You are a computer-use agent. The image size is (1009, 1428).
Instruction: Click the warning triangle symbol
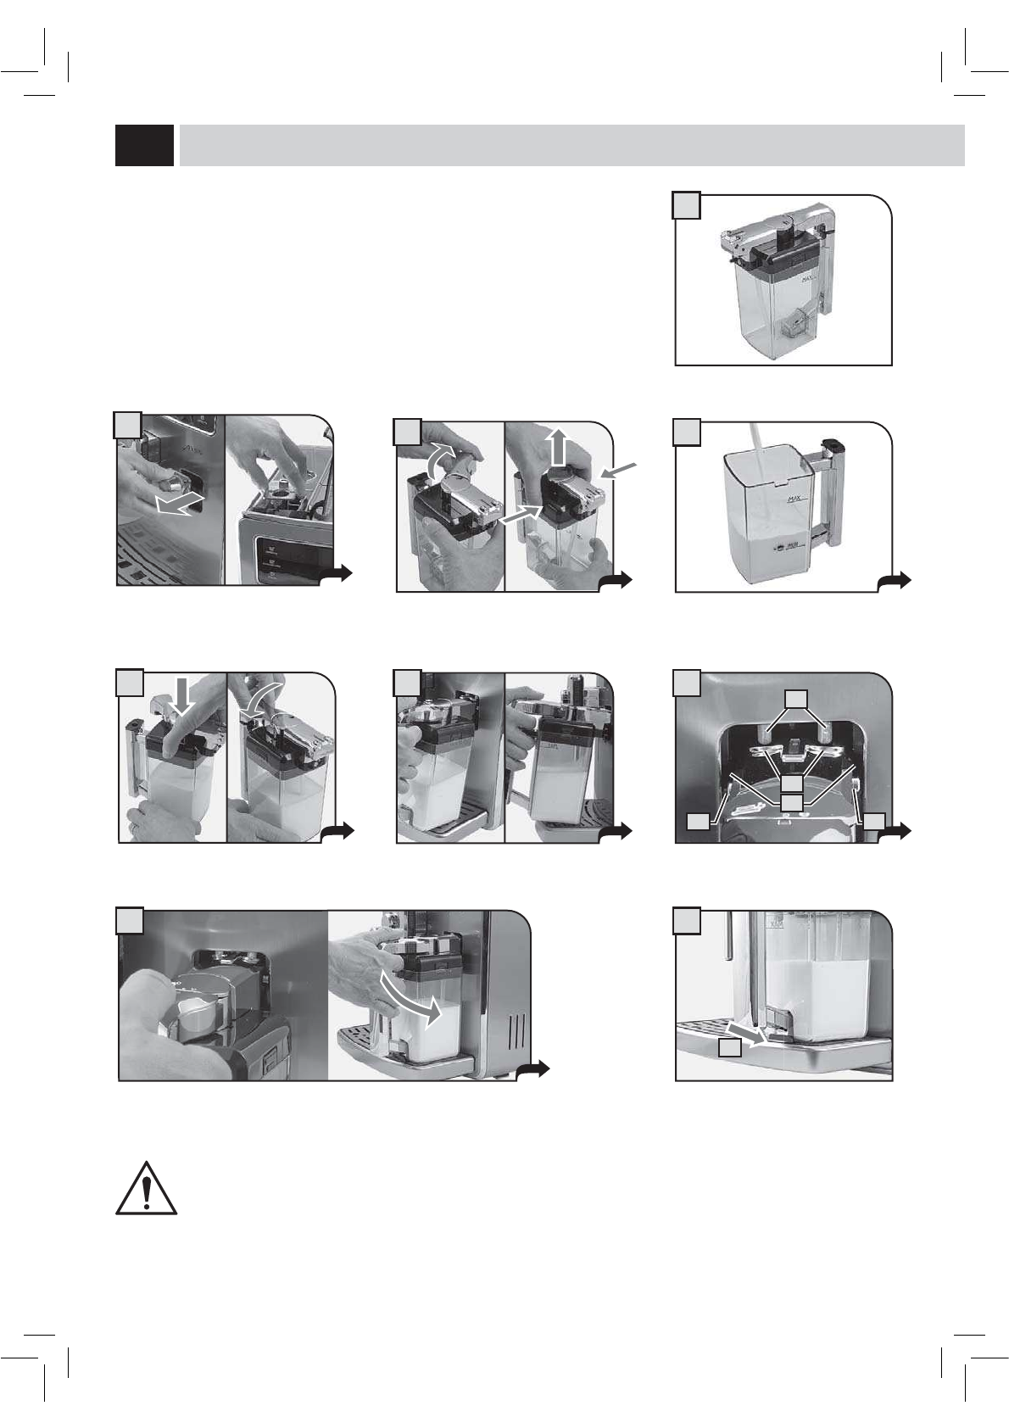click(x=147, y=1189)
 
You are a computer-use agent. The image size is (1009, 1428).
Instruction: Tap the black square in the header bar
click(x=144, y=145)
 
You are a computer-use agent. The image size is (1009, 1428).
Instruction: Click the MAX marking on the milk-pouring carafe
click(x=794, y=500)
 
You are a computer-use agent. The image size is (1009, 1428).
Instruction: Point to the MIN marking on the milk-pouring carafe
click(x=794, y=548)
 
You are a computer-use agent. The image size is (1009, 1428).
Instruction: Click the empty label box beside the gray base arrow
click(x=730, y=1048)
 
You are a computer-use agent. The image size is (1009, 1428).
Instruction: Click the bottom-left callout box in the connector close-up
click(x=698, y=820)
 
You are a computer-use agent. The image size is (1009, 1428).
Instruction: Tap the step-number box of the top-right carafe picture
click(x=687, y=205)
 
